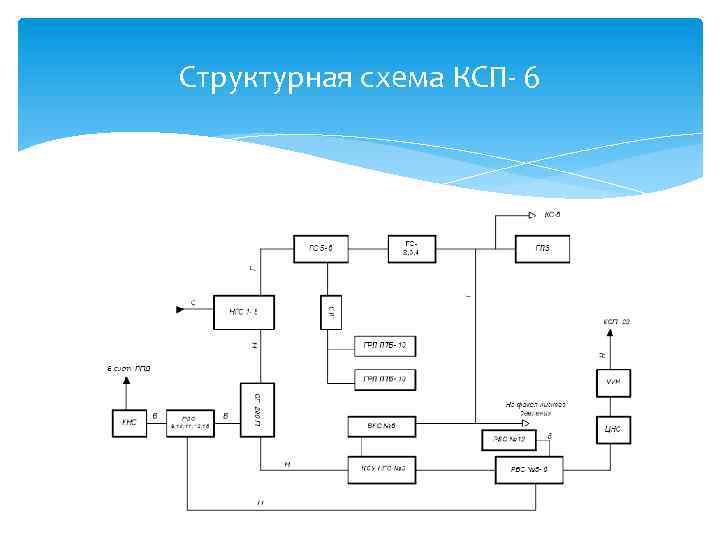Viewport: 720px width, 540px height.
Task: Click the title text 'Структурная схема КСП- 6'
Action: pos(359,76)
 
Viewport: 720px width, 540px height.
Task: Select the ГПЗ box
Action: pos(542,249)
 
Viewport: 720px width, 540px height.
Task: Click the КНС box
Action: pos(128,424)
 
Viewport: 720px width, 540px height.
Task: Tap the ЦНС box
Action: pos(612,429)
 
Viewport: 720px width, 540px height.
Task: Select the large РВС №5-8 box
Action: pos(531,468)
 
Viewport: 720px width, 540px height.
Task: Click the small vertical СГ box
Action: pos(331,313)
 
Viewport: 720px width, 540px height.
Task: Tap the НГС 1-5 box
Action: pos(244,313)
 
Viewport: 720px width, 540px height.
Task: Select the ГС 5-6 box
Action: pos(320,249)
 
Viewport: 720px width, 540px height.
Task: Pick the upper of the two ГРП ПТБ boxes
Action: pos(386,346)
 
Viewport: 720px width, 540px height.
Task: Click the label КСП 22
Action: pos(616,321)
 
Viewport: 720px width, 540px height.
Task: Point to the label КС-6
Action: pos(552,214)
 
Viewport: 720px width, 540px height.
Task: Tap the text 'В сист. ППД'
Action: pos(128,369)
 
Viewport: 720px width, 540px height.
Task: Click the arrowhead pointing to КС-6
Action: pos(531,215)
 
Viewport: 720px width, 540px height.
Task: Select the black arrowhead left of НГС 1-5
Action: pos(181,310)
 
